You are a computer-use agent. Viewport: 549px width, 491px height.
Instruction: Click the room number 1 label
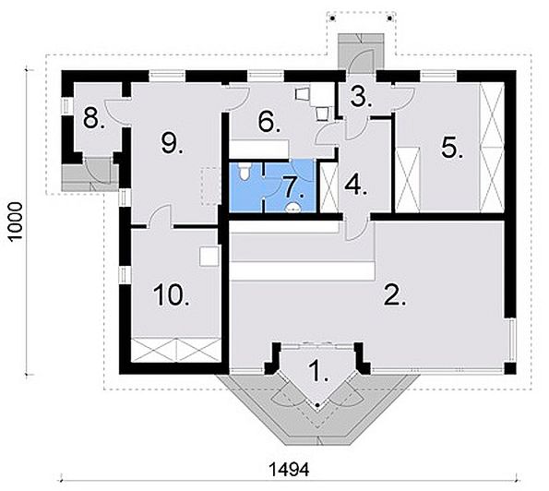coord(318,371)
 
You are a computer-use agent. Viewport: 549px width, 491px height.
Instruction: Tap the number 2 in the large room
coord(395,295)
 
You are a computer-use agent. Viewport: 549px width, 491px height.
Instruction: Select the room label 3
coord(361,98)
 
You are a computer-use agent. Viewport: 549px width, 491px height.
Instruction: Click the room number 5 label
coord(452,149)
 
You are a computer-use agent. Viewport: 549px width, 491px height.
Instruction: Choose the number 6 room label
coord(269,122)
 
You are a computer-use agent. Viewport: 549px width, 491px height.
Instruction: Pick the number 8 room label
coord(93,118)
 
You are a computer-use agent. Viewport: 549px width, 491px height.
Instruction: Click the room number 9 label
coord(172,144)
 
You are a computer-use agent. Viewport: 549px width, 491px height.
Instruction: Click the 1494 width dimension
coord(289,469)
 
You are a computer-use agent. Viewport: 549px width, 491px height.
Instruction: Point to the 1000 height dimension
coord(16,221)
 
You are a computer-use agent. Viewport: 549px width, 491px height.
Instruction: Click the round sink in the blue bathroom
coord(293,209)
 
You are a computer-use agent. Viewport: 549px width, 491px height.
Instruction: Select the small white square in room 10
coord(209,257)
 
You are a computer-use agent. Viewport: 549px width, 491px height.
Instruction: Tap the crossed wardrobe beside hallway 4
coord(329,187)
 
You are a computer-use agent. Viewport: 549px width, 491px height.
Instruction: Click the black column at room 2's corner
coord(509,368)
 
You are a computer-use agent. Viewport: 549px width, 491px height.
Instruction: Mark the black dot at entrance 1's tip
coord(317,405)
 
